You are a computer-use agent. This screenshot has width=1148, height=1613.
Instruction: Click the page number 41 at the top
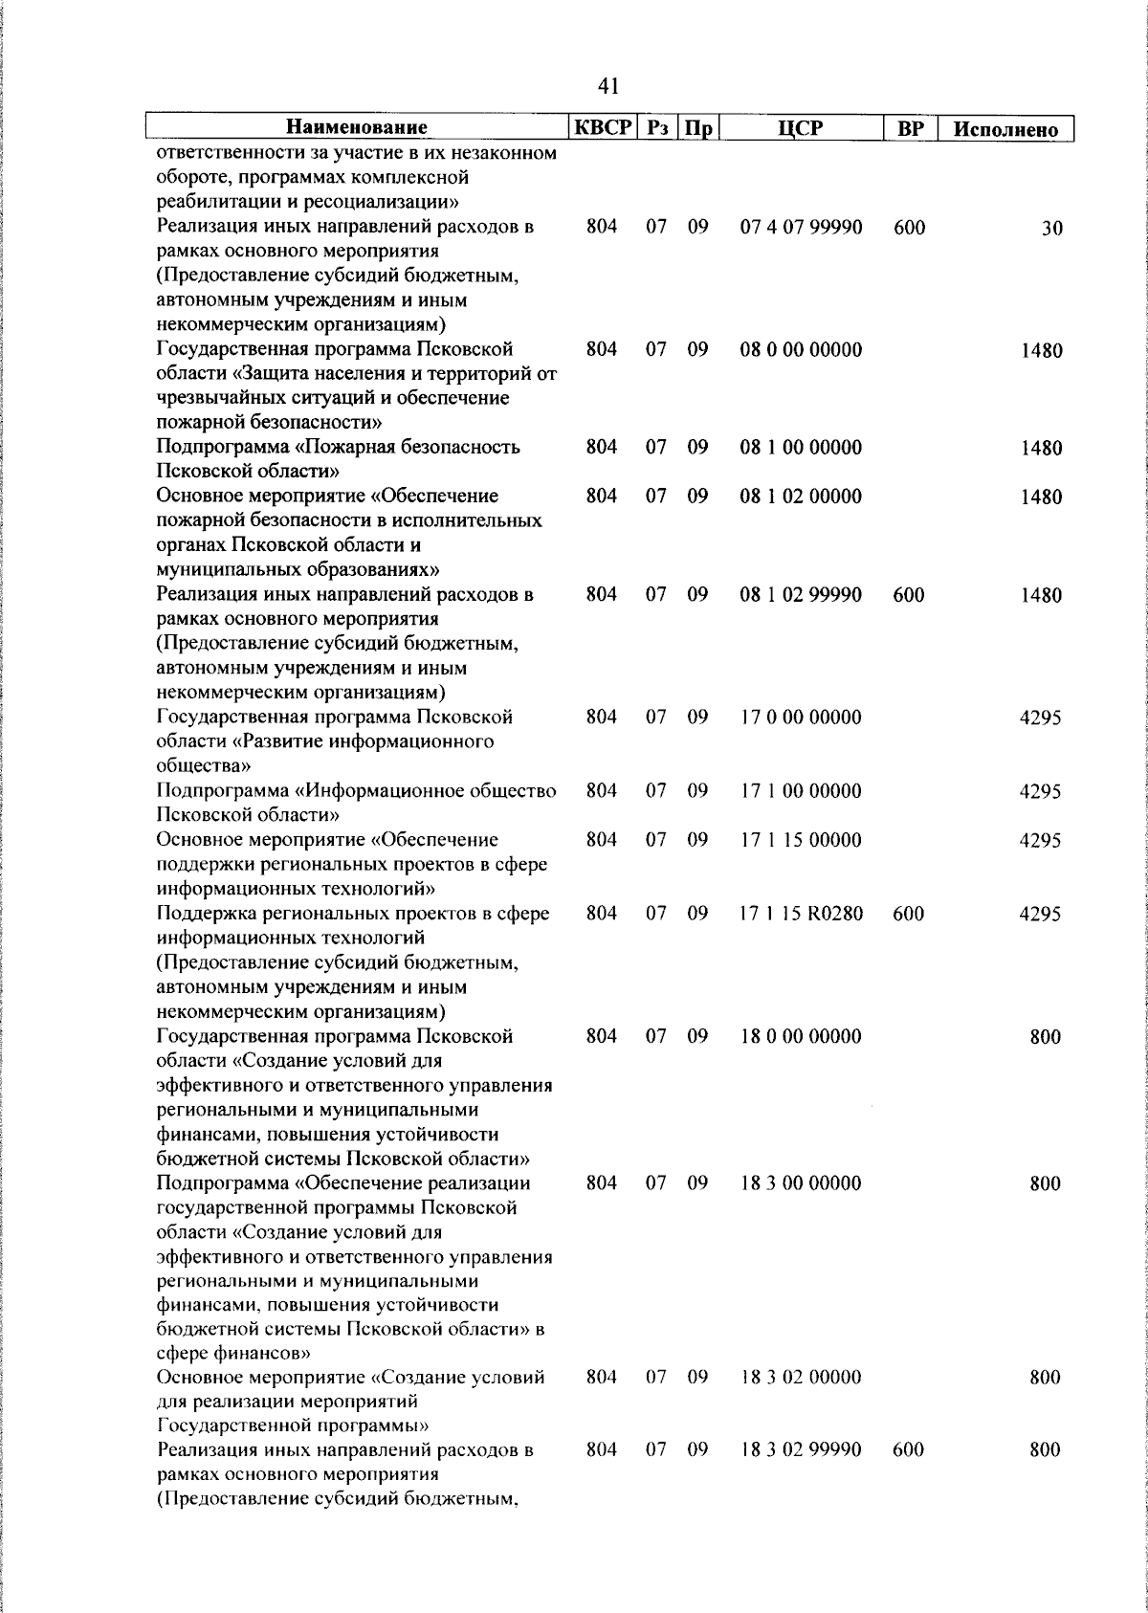(608, 86)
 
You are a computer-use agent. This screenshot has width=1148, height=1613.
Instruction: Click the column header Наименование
(357, 127)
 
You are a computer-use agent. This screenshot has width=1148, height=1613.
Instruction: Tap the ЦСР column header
(801, 127)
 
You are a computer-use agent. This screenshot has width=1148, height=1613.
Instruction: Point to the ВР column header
(908, 127)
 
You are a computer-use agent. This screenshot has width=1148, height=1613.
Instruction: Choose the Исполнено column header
(1006, 129)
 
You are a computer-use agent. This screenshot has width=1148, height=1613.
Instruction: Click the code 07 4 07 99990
(801, 228)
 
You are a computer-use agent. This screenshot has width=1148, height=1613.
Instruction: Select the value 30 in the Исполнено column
(1051, 229)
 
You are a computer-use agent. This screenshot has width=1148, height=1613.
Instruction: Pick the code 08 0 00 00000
(801, 350)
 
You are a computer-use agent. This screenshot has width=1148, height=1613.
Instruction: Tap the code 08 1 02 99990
(801, 595)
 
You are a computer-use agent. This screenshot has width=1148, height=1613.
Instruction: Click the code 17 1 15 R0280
(801, 914)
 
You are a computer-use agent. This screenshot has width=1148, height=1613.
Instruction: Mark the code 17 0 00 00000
(801, 718)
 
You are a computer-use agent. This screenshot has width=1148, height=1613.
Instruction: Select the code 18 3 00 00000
(801, 1183)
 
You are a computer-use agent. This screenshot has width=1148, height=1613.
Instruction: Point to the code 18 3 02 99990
(801, 1450)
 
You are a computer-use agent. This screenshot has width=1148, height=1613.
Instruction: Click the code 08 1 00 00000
(801, 448)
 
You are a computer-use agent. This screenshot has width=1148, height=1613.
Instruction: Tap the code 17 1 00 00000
(801, 791)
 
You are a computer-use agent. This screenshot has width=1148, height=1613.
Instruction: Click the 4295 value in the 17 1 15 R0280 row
(1040, 914)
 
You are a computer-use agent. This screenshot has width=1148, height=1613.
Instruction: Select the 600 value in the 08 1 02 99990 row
(908, 595)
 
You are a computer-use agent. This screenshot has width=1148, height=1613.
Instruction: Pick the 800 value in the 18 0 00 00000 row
(1045, 1037)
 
